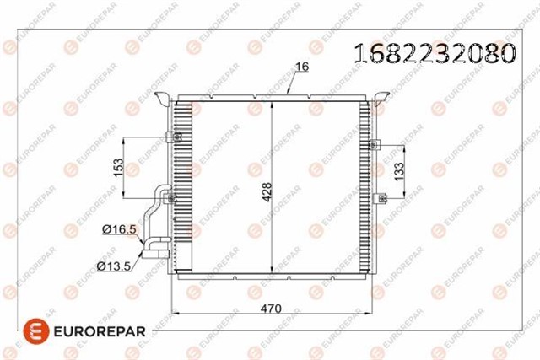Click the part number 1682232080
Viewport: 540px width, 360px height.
[435, 53]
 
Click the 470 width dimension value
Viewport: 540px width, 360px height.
[271, 309]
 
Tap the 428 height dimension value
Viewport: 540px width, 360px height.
[267, 191]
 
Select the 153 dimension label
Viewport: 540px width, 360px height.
[118, 168]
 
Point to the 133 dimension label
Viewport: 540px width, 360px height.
[399, 171]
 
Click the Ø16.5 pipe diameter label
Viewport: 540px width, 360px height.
[120, 229]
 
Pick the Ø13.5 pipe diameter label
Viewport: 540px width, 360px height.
[114, 266]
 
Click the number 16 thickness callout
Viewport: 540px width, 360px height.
[302, 67]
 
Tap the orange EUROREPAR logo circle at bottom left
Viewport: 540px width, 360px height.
[36, 331]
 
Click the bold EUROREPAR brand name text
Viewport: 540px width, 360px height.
[100, 331]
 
